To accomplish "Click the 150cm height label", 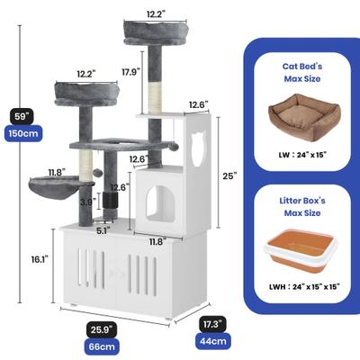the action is tap(23, 133).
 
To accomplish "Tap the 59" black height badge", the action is tap(22, 117).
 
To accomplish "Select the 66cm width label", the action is tap(102, 346).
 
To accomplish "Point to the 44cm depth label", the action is tap(213, 341).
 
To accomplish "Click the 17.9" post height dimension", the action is tap(131, 72).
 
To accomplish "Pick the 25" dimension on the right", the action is tap(229, 175).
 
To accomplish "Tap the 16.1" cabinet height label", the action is tap(40, 259).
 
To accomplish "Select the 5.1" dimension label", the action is tap(103, 230).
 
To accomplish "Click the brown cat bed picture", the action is tap(302, 118).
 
